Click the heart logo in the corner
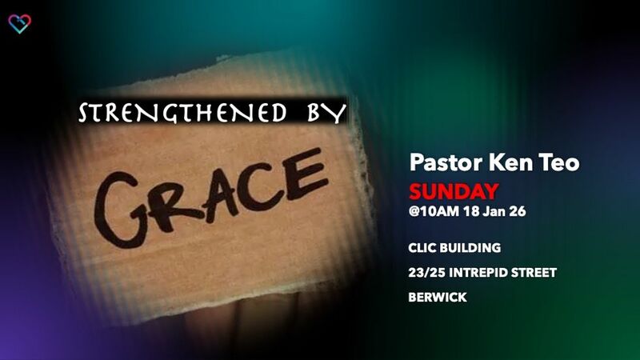(19, 24)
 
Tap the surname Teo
(562, 163)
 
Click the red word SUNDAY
(454, 191)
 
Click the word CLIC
(423, 249)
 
